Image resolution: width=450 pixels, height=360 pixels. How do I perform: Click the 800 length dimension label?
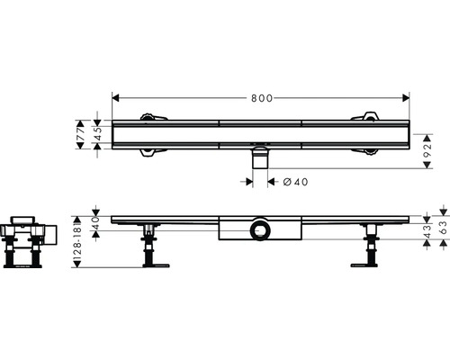(x=262, y=98)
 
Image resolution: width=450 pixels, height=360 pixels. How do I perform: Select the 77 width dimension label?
(x=80, y=134)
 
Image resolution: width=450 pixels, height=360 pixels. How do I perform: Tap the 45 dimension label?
(x=97, y=134)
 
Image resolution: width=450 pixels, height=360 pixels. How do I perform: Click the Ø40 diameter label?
(x=295, y=182)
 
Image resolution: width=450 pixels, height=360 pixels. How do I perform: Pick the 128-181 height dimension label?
(x=77, y=241)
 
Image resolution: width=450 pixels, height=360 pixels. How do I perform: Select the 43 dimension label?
(x=427, y=231)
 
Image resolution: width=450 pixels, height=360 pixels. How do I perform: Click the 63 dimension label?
(x=443, y=228)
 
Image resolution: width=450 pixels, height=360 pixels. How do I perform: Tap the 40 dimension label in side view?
(x=95, y=223)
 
